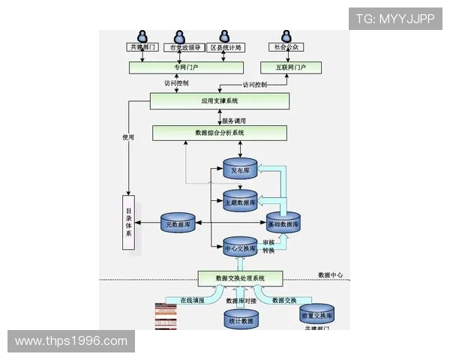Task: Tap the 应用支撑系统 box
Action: [x=219, y=100]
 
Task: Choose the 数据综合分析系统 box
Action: [x=219, y=133]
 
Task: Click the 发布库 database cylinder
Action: [x=240, y=170]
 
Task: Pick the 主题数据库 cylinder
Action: [x=240, y=201]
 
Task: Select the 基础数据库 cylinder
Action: [x=283, y=223]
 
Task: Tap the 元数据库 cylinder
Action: [x=178, y=223]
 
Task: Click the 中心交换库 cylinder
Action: [x=240, y=247]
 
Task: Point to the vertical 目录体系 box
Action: [x=129, y=222]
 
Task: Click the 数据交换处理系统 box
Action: [x=240, y=278]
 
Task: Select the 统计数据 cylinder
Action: [x=240, y=319]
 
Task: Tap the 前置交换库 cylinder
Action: [x=316, y=314]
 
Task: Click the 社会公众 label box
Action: [x=286, y=47]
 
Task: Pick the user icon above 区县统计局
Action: [x=223, y=35]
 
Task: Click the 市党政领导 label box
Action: [x=181, y=47]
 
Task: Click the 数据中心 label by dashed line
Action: [x=330, y=275]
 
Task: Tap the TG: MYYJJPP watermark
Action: [x=394, y=19]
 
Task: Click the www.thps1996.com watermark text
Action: [x=71, y=341]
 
